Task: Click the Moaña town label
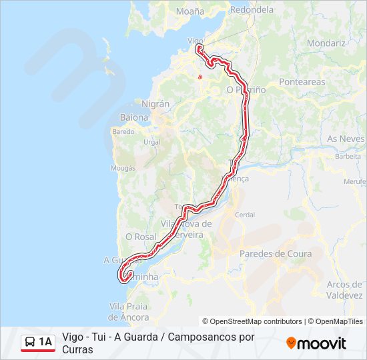191,11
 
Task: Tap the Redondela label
252,10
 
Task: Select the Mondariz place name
327,43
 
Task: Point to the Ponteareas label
302,82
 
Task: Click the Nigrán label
155,104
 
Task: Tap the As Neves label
346,139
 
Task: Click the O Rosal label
140,237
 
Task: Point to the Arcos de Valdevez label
345,289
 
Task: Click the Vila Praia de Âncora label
129,311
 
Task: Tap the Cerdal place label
245,215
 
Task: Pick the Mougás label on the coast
123,169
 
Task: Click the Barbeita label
348,156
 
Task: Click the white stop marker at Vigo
198,48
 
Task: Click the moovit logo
316,343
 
